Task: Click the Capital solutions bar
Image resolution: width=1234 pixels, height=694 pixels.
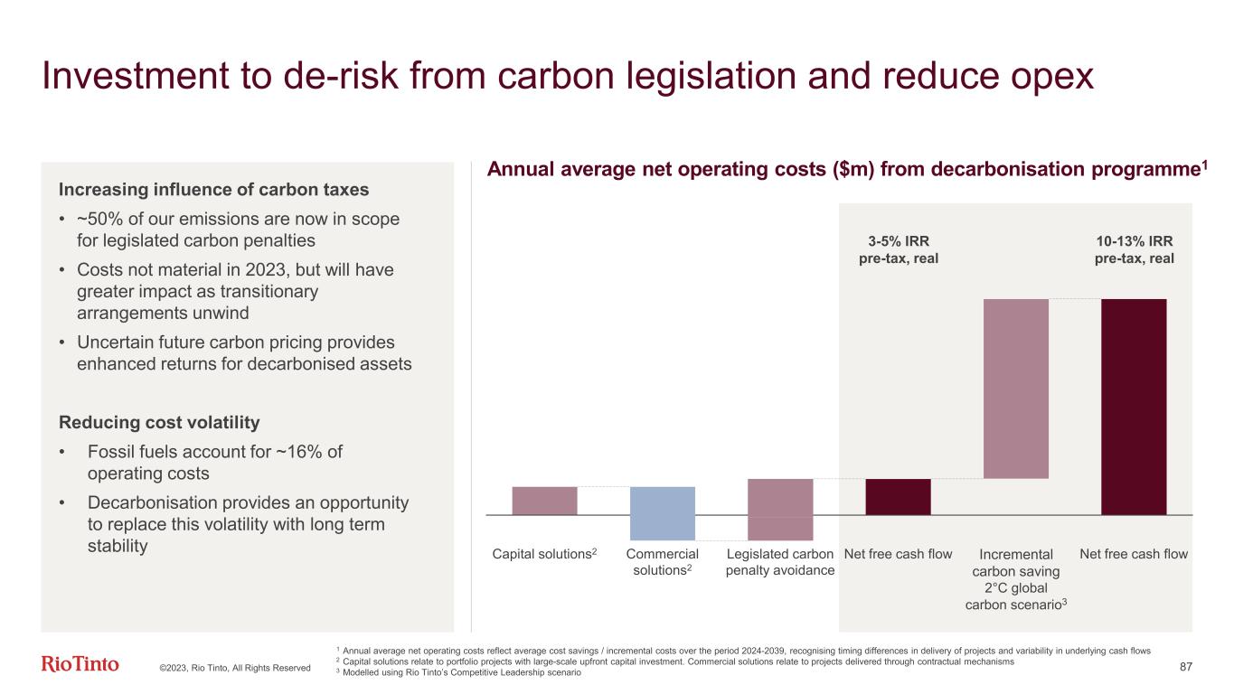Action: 544,501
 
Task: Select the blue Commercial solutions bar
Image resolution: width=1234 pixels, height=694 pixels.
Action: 662,513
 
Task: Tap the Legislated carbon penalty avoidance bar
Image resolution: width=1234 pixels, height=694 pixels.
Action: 780,509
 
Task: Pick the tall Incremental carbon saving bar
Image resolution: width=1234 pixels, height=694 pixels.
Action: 1015,389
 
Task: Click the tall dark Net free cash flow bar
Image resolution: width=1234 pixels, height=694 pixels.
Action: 1134,407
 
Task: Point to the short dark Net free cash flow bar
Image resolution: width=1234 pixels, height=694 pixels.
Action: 898,496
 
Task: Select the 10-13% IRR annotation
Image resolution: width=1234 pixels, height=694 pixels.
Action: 1134,249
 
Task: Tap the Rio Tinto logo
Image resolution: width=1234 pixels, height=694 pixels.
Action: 80,665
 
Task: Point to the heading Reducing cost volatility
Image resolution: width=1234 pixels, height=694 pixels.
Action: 159,422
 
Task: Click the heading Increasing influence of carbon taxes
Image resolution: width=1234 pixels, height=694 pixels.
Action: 213,190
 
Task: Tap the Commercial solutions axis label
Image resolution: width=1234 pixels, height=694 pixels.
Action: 662,562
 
